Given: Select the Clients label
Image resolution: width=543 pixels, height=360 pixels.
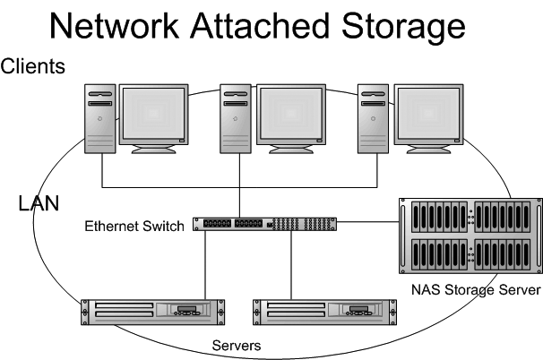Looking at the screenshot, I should click(32, 66).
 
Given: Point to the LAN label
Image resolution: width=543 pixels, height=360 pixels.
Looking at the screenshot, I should click(39, 204).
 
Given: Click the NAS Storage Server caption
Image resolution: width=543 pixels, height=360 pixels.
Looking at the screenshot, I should click(476, 290).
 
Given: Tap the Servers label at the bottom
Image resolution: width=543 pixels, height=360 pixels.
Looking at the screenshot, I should click(236, 345).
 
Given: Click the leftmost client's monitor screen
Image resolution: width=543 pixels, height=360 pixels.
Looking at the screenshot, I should click(155, 114).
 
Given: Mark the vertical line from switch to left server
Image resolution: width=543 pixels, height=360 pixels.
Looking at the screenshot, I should click(207, 264).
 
